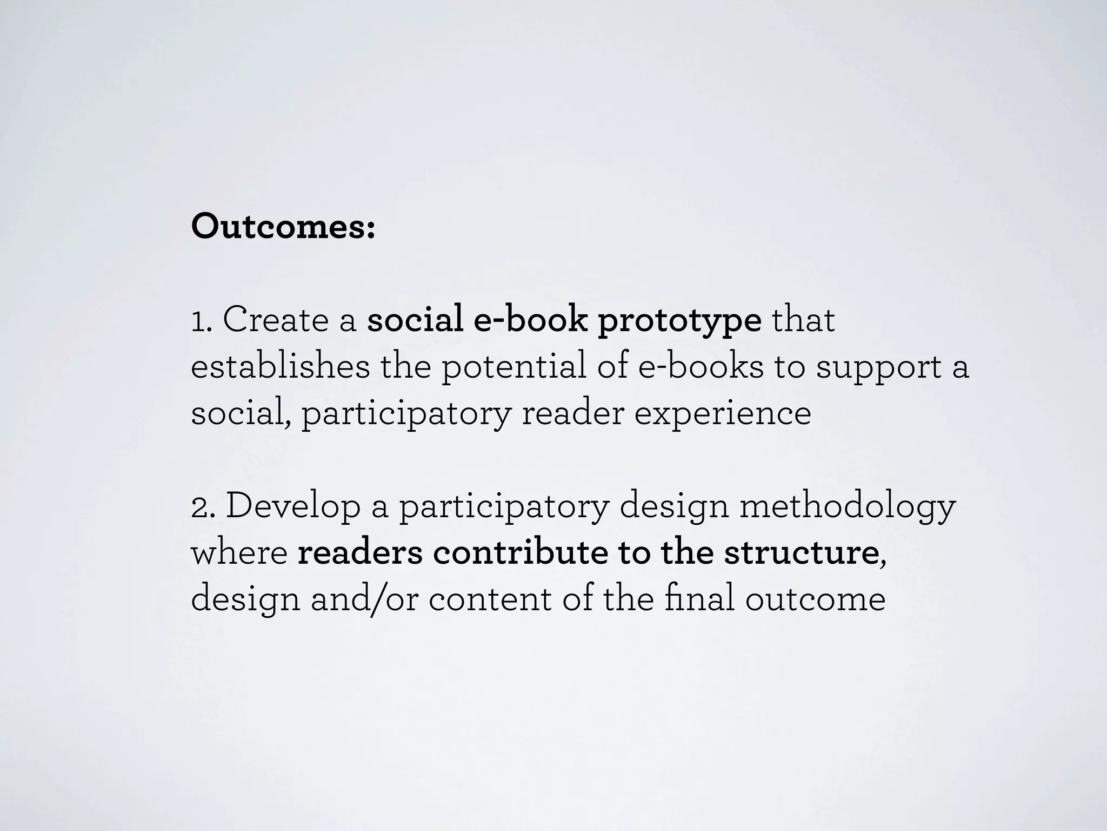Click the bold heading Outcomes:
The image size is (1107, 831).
pyautogui.click(x=283, y=227)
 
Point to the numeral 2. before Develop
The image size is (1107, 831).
pyautogui.click(x=202, y=507)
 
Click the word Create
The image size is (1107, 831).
pyautogui.click(x=275, y=320)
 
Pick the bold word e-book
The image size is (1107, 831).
pyautogui.click(x=530, y=320)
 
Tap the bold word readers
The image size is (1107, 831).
pyautogui.click(x=360, y=553)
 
